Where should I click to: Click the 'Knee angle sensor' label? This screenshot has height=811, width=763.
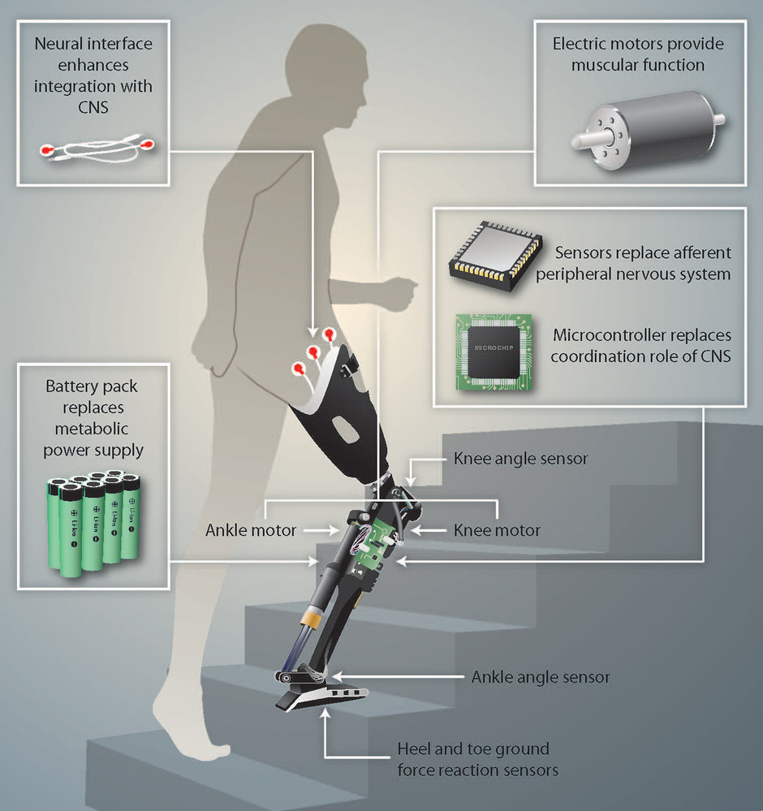520,459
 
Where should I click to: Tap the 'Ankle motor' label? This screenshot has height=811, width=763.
251,530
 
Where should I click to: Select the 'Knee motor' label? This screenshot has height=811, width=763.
497,530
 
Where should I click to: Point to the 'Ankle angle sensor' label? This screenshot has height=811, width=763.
541,677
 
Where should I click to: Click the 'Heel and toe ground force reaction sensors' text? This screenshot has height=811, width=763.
477,759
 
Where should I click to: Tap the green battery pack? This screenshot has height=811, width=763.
93,523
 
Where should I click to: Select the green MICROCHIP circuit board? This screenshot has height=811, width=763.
494,352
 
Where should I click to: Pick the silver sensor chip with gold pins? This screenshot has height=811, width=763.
495,256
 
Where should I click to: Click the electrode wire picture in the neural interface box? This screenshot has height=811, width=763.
97,148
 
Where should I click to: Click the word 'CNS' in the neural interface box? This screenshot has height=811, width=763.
93,107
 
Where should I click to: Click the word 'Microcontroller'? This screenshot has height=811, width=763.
603,335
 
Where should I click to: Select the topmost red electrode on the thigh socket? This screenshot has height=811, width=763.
329,334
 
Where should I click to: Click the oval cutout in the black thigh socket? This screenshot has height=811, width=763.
344,429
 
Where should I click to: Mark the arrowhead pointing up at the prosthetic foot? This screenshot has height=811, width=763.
325,714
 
